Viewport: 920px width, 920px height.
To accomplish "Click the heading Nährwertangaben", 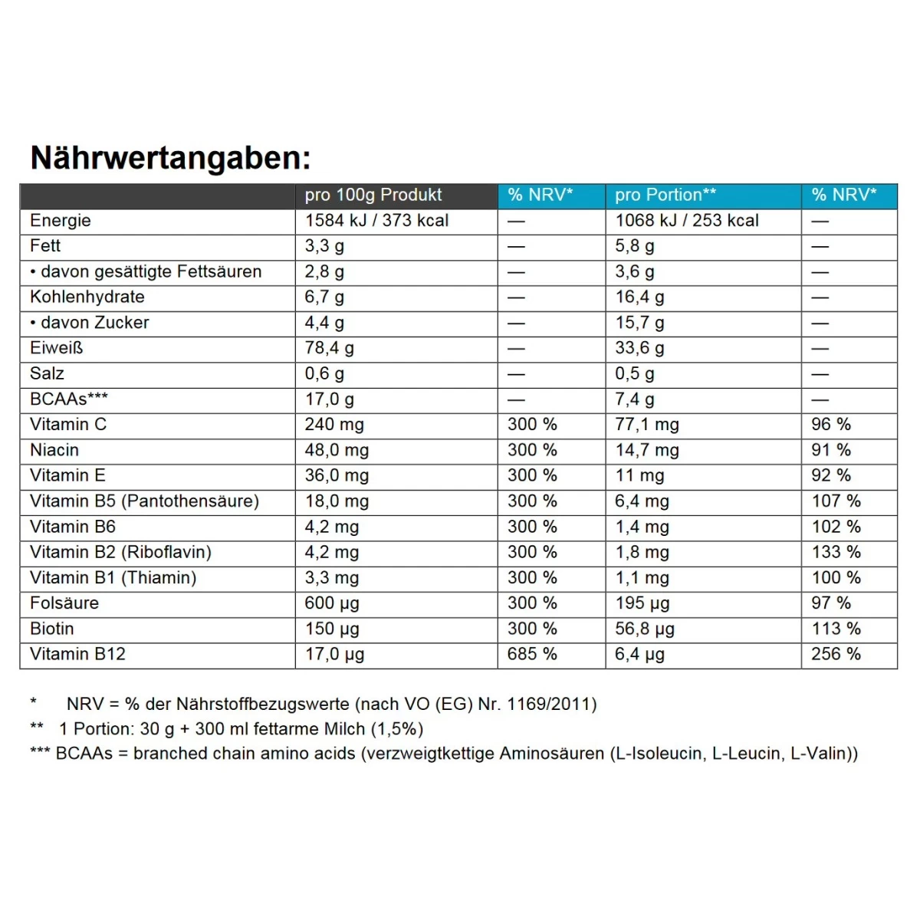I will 170,158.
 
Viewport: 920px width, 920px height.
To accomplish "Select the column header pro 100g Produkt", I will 373,195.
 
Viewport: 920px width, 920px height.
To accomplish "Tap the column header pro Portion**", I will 665,195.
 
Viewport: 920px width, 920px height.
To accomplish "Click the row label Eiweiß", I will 56,348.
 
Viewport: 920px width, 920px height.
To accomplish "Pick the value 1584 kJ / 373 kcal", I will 376,221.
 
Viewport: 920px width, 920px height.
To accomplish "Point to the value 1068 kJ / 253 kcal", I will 686,221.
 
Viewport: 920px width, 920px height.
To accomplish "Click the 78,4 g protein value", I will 329,348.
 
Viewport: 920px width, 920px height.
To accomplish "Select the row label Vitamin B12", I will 77,654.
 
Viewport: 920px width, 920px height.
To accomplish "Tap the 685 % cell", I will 532,654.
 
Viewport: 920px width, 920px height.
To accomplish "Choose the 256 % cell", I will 836,654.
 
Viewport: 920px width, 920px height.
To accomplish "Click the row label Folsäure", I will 64,603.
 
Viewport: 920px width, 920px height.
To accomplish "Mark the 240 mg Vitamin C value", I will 334,425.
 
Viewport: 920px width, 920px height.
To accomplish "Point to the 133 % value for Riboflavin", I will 836,552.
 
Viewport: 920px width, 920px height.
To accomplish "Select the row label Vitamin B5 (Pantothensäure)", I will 144,501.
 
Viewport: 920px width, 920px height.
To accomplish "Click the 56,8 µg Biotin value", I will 645,629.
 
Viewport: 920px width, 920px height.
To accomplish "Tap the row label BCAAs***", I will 69,399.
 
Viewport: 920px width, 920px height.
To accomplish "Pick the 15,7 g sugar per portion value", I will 639,323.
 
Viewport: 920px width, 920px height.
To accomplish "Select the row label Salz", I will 47,373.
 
